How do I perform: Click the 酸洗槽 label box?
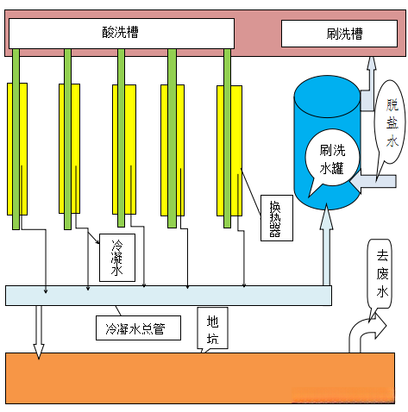(121, 34)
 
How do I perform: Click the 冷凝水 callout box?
(116, 257)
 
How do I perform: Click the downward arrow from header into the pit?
(38, 331)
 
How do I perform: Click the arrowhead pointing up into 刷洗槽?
(371, 65)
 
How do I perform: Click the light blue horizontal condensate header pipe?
(168, 295)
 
